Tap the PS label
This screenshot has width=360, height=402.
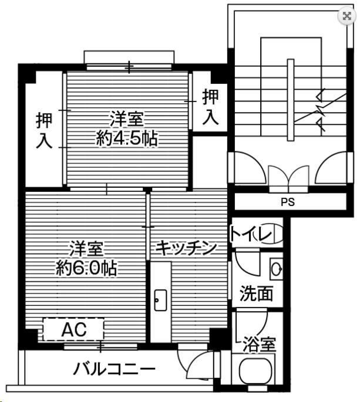(287, 202)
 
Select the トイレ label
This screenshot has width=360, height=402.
(251, 235)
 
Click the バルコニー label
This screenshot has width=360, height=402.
(115, 369)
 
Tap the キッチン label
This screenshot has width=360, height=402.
(187, 248)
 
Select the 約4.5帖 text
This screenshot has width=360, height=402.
(128, 138)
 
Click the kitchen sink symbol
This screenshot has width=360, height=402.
(160, 300)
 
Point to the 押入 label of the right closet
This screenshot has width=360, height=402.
(210, 106)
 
